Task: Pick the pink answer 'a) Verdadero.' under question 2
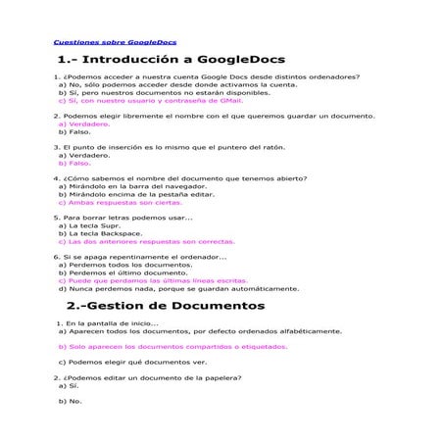pos(84,124)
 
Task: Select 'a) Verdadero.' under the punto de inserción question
pos(84,155)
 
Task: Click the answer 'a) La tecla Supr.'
pos(94,225)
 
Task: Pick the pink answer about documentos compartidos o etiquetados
pos(167,346)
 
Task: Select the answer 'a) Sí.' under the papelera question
pos(69,385)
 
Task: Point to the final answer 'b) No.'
pos(70,401)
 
